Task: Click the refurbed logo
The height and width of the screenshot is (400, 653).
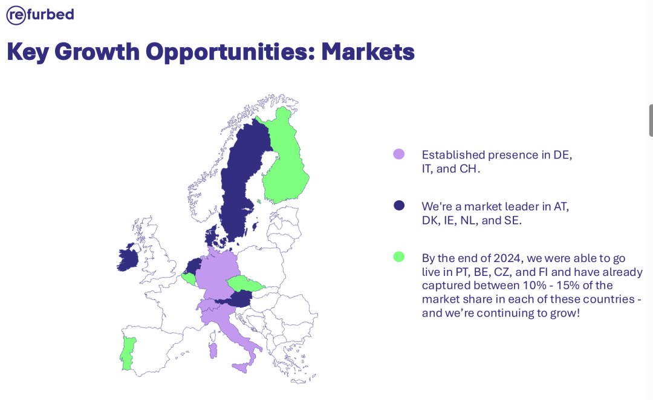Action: (41, 15)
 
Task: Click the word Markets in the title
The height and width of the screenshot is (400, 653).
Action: (368, 51)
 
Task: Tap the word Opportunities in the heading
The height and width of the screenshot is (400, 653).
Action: (230, 53)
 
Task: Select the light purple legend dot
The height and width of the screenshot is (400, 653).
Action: (399, 154)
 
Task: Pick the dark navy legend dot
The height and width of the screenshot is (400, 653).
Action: (399, 205)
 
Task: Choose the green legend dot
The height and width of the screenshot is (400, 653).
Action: (399, 257)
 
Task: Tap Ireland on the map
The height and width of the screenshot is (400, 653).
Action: (128, 258)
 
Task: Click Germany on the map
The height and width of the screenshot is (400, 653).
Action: (217, 273)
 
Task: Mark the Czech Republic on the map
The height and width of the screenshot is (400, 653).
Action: (245, 283)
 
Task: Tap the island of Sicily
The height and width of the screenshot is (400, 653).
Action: (242, 368)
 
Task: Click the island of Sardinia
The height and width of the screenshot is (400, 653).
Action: (213, 350)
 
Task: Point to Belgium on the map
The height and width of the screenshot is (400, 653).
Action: (189, 279)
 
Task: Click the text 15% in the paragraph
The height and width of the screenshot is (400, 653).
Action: (568, 286)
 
